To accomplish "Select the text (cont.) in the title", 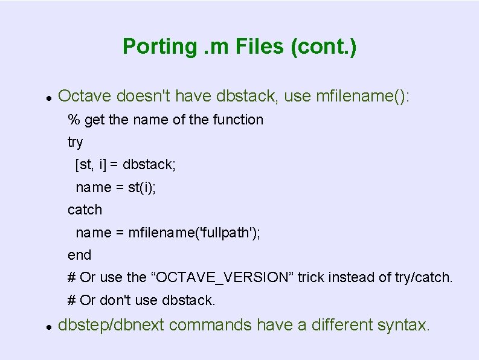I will (x=324, y=47).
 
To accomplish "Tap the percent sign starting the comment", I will (x=74, y=120).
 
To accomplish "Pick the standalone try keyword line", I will (x=76, y=143).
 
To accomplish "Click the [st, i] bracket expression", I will (x=95, y=164).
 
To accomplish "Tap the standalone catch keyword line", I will (x=85, y=210).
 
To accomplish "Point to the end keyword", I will (x=79, y=255).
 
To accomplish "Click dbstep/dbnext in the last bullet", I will (x=112, y=325).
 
